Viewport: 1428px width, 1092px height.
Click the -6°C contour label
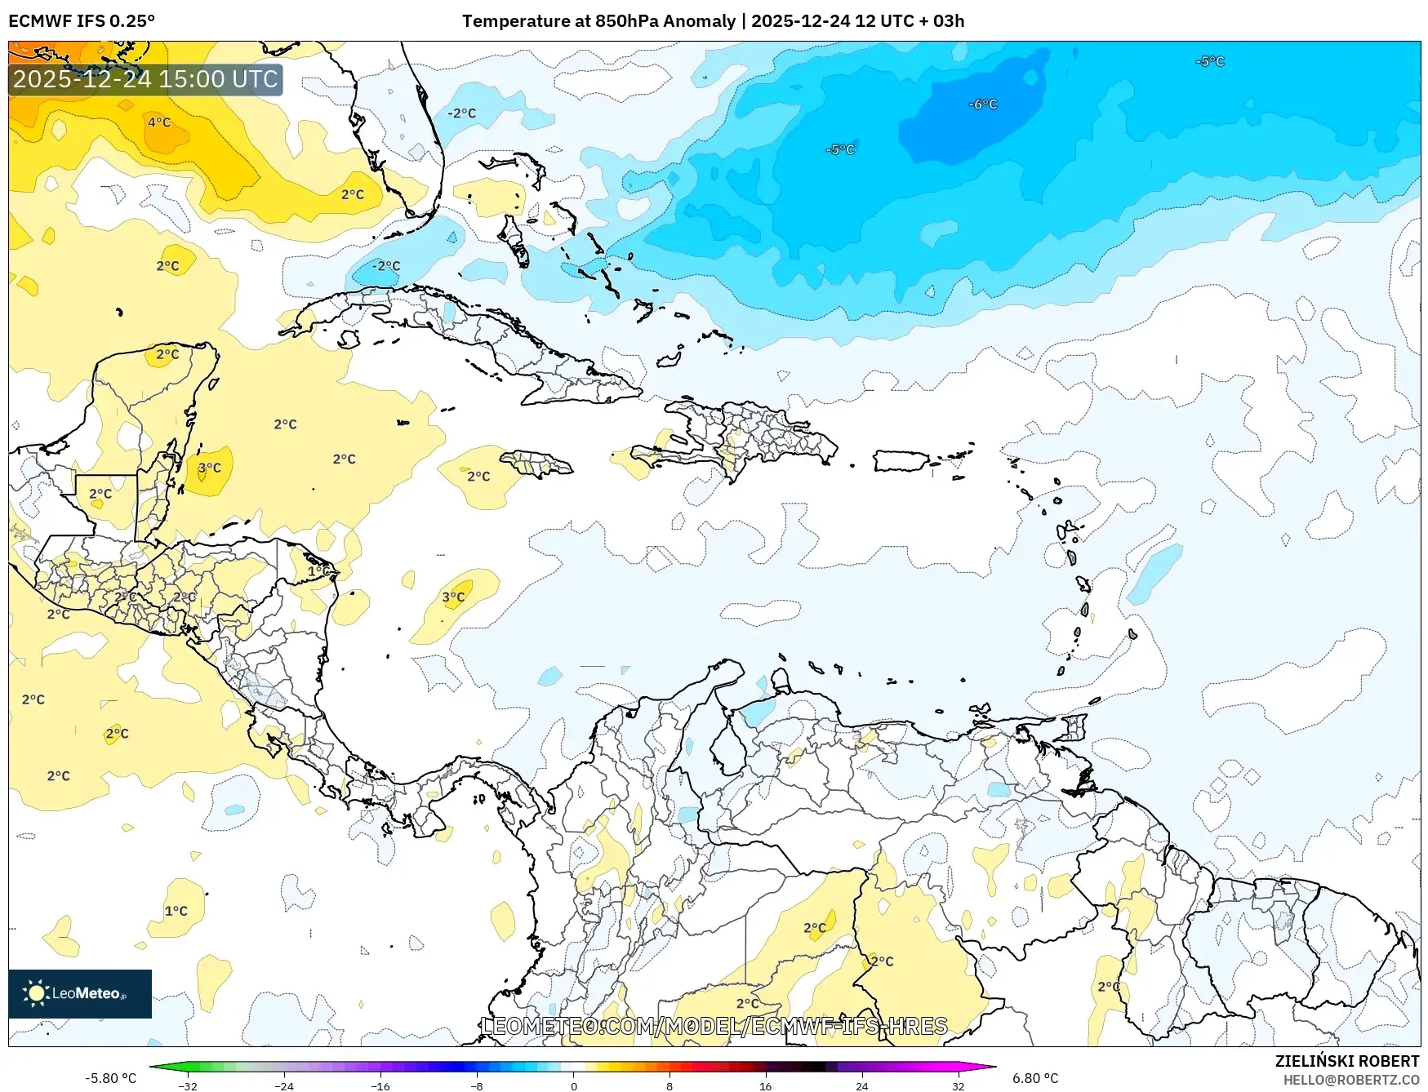983,104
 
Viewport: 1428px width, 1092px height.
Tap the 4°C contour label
159,122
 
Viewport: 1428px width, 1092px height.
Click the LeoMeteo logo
79,993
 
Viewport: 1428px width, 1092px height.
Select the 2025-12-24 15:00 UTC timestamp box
145,79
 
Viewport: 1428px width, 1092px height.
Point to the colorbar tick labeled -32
188,1086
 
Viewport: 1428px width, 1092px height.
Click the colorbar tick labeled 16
765,1086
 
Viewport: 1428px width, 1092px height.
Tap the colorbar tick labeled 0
573,1086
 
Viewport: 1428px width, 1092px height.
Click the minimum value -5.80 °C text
110,1078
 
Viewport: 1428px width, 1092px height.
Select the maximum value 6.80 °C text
1035,1078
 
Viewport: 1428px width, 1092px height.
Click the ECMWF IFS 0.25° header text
81,21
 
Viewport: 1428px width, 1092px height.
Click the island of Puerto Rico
901,461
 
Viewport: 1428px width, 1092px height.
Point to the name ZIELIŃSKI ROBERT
1346,1061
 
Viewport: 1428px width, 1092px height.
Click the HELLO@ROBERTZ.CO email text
1350,1080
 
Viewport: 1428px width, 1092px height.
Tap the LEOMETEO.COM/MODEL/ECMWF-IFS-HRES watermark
714,1026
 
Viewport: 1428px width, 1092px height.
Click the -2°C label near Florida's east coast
462,113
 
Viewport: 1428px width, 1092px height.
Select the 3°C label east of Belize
210,468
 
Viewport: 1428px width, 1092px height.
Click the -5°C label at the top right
1210,61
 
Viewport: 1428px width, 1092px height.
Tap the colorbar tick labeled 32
958,1086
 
